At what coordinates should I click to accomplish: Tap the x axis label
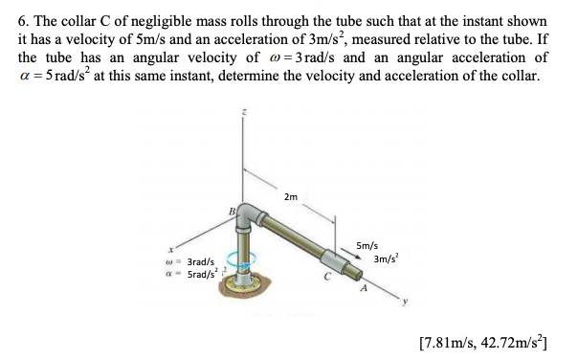tap(169, 248)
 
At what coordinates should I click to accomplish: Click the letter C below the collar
tap(325, 279)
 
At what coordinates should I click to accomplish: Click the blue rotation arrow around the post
tap(247, 260)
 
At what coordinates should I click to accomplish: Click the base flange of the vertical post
tap(248, 285)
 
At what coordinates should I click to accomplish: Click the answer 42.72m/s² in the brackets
tap(512, 341)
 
